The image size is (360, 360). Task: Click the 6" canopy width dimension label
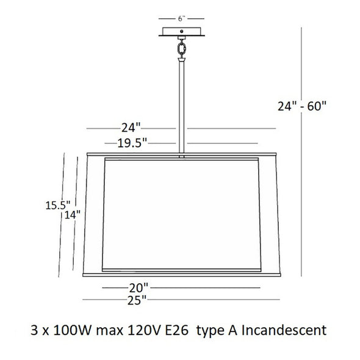[181, 18]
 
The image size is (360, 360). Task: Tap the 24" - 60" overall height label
[302, 106]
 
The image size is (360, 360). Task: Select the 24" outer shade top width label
[131, 128]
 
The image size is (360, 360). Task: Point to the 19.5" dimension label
[132, 143]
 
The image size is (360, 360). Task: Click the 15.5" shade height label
[58, 205]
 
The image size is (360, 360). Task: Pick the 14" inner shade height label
[73, 215]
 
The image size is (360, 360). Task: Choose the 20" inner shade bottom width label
[139, 287]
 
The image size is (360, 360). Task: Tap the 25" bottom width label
[137, 300]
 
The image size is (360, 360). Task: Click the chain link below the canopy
[181, 49]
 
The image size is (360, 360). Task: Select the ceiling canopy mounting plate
[182, 32]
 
